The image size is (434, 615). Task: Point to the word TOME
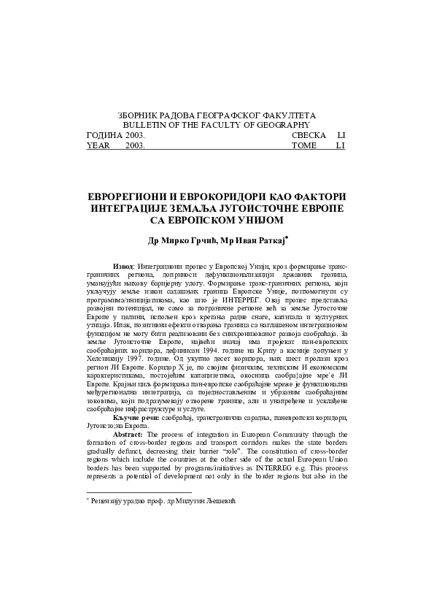pos(303,145)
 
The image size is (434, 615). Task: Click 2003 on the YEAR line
pos(135,145)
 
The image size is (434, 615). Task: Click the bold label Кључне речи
pos(134,416)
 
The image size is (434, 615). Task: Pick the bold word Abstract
pos(128,435)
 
